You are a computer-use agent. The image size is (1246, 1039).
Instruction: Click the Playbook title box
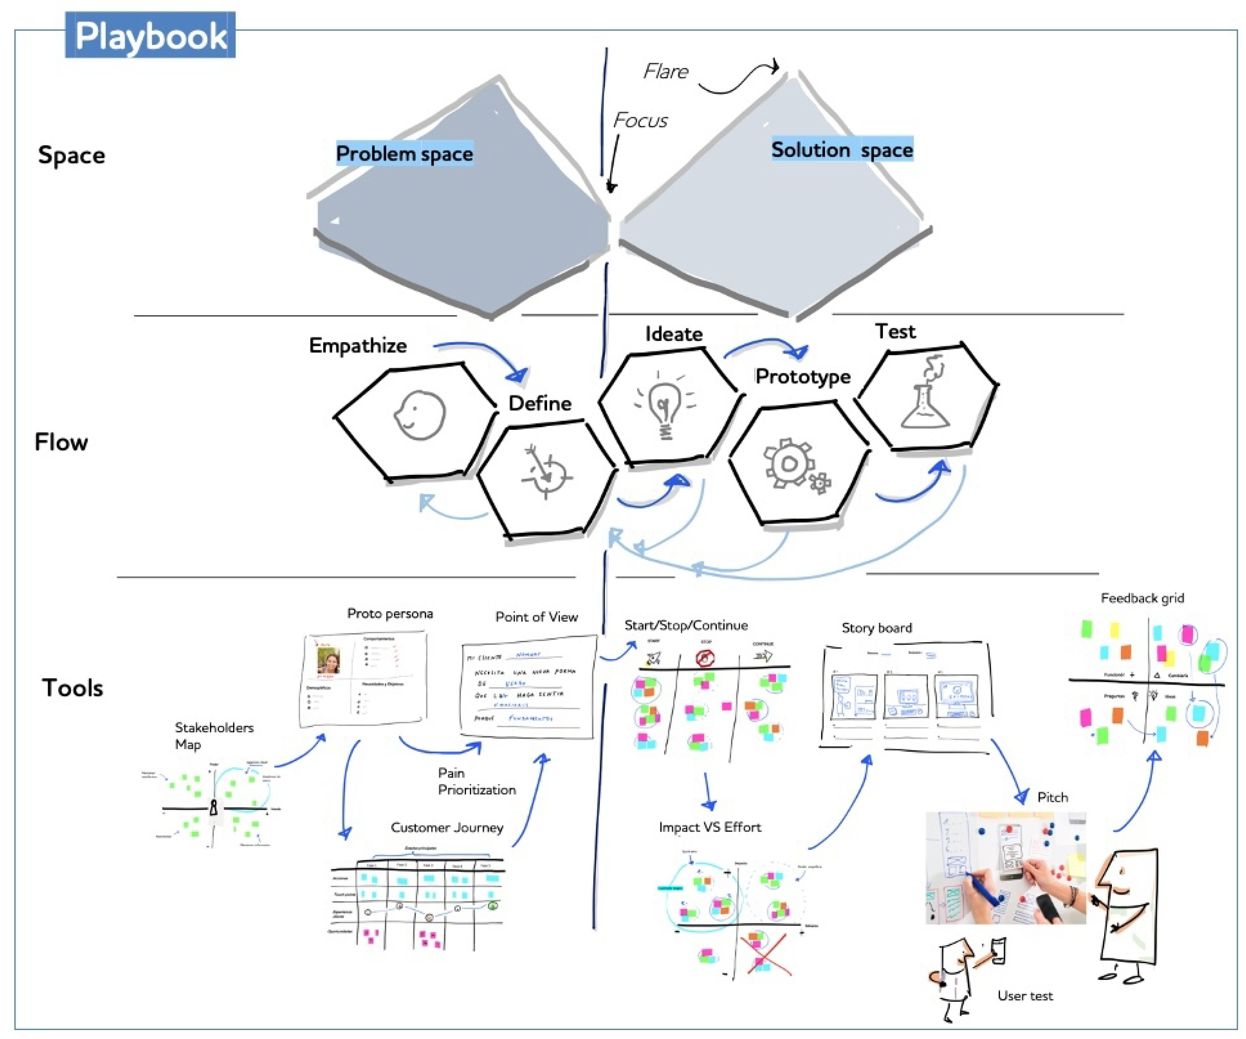(x=150, y=35)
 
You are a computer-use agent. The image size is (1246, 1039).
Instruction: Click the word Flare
(x=666, y=72)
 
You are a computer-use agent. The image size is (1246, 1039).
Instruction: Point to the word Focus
(x=640, y=120)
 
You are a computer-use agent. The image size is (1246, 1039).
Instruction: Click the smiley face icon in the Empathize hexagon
(x=419, y=415)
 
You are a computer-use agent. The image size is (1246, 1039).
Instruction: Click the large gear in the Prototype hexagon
(x=788, y=463)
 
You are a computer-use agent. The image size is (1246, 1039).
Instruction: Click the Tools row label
(x=72, y=688)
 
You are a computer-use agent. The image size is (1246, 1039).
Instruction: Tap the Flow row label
(x=61, y=442)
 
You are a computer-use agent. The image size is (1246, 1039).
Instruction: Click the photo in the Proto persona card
(x=328, y=661)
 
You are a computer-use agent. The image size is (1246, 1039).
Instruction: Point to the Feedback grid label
(x=1142, y=598)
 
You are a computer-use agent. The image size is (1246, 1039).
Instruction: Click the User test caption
(x=1025, y=996)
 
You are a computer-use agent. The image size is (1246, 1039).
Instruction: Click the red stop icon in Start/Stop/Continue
(x=704, y=658)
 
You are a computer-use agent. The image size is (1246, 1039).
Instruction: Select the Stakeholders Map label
(x=214, y=736)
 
